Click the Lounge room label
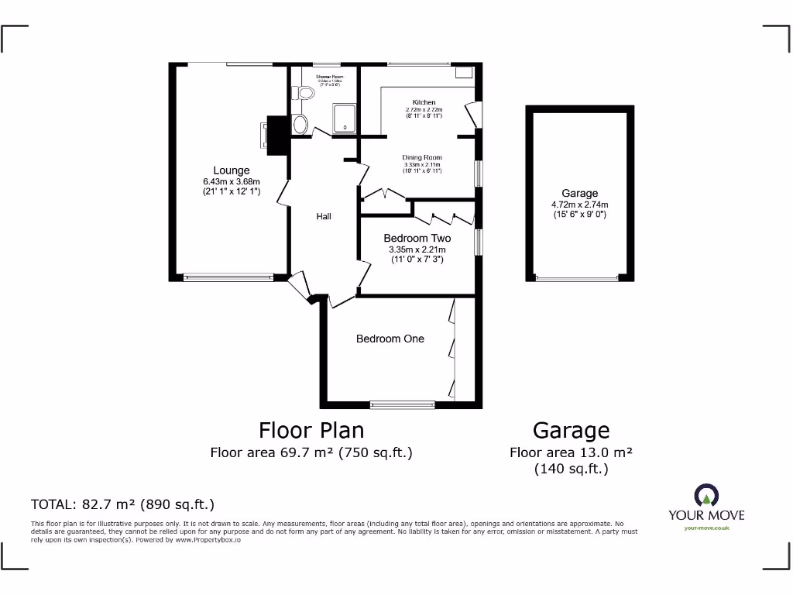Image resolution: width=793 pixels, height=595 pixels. point(232,170)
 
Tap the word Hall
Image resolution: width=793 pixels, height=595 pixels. point(324,216)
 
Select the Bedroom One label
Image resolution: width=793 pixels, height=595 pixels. point(390,339)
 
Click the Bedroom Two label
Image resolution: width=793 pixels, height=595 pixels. point(417,238)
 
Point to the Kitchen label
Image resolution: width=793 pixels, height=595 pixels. point(424,102)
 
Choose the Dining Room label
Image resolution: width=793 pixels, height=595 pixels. point(422,157)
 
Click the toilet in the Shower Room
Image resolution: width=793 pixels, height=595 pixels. point(305,93)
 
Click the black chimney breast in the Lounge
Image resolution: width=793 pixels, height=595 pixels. point(276,133)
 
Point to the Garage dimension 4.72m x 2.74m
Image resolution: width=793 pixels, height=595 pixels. point(580,205)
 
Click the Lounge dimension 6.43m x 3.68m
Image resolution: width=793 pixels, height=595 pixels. point(232,182)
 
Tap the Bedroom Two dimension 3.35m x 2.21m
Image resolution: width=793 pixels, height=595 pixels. point(417,249)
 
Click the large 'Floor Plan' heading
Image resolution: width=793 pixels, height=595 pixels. point(311,430)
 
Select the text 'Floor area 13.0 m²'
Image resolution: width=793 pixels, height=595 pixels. point(572,453)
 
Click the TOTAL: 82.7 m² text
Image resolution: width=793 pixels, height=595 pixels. point(122,504)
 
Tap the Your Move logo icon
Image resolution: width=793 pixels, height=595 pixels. point(706,496)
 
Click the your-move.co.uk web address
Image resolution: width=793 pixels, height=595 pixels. point(706,528)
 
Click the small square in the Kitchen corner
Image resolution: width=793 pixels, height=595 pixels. point(464,72)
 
